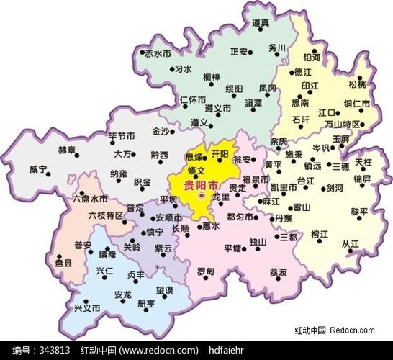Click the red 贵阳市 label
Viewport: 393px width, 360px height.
click(199, 184)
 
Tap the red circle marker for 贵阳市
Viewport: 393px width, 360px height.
click(202, 196)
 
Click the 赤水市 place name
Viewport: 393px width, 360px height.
click(158, 54)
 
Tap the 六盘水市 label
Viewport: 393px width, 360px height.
click(90, 198)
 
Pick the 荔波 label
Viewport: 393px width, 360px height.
click(279, 271)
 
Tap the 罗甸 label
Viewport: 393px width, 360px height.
click(205, 271)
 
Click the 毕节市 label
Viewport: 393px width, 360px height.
click(122, 135)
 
